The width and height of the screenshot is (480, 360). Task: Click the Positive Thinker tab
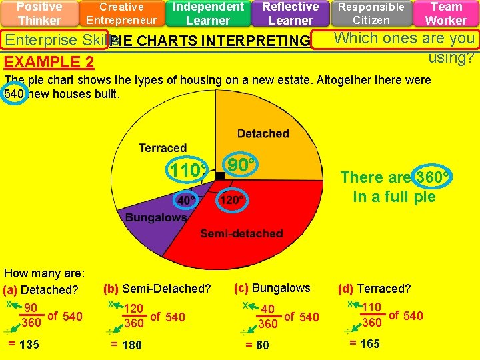point(39,13)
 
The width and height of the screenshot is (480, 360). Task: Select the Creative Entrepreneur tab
point(121,13)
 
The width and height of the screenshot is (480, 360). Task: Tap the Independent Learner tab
point(208,13)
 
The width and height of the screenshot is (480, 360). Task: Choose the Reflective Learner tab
point(290,13)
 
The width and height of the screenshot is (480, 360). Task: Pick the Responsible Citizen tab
point(371,13)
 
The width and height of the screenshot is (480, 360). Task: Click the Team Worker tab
point(446,13)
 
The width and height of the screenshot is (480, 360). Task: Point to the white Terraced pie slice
point(160,147)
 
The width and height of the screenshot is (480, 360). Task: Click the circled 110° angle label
point(186,171)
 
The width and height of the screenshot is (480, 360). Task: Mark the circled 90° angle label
point(242,164)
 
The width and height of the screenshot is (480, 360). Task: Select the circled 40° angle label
point(186,199)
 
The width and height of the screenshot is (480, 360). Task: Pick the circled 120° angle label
point(231,199)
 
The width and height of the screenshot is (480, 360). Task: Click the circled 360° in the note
point(431,177)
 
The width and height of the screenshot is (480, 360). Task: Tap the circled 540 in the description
point(15,94)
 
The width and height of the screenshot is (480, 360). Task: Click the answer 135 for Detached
point(29,345)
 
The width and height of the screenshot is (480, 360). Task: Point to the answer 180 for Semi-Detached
point(131,345)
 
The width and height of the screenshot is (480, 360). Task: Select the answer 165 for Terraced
point(369,344)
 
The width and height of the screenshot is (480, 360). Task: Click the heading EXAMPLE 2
point(49,63)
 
